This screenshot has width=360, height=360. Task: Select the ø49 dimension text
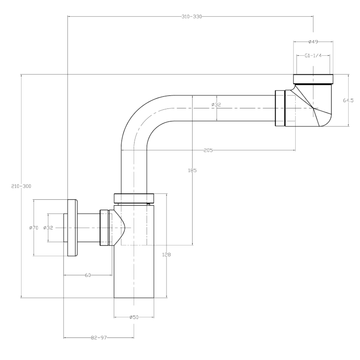pyautogui.click(x=314, y=41)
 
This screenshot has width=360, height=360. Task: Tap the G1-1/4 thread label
pyautogui.click(x=314, y=56)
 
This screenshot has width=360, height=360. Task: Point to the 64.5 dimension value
pyautogui.click(x=348, y=101)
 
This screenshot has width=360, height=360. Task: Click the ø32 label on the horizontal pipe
pyautogui.click(x=216, y=105)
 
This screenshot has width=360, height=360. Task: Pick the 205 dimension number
pyautogui.click(x=208, y=150)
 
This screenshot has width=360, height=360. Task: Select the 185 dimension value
pyautogui.click(x=193, y=171)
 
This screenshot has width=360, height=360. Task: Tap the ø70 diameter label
pyautogui.click(x=33, y=228)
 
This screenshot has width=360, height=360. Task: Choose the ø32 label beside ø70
pyautogui.click(x=48, y=228)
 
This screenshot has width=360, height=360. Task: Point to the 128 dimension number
pyautogui.click(x=166, y=255)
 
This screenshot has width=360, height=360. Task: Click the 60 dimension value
pyautogui.click(x=88, y=274)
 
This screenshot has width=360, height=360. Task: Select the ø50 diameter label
pyautogui.click(x=134, y=317)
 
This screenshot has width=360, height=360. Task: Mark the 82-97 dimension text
pyautogui.click(x=99, y=337)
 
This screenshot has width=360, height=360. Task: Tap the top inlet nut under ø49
pyautogui.click(x=314, y=79)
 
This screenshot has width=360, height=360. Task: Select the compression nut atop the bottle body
pyautogui.click(x=135, y=198)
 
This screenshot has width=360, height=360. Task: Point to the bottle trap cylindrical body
pyautogui.click(x=135, y=270)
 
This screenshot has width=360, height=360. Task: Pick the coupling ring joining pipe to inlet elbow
pyautogui.click(x=280, y=108)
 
